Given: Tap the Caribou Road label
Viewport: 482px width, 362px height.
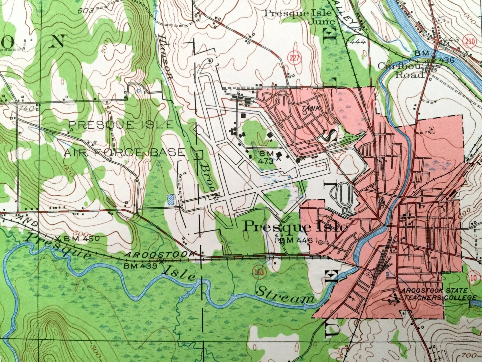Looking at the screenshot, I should tap(403, 70).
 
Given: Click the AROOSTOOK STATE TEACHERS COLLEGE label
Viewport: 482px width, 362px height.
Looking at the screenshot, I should tap(439, 294).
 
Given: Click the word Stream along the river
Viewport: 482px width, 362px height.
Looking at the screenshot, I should tap(285, 296).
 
